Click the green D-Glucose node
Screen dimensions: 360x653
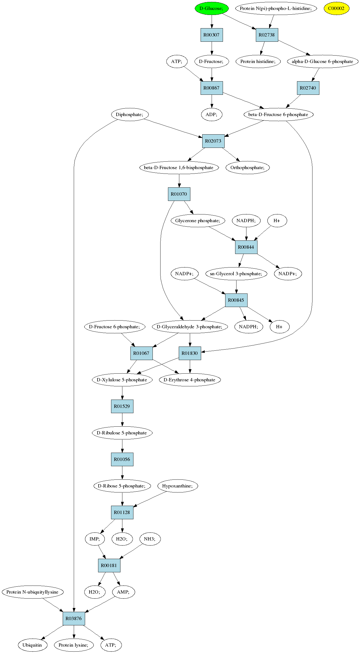[x=212, y=8]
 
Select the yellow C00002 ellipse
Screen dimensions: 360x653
[x=336, y=8]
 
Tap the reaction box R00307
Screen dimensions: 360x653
[x=212, y=35]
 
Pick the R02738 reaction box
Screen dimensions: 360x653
[x=267, y=35]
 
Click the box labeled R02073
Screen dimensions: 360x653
[x=213, y=141]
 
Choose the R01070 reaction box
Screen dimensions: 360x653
[x=179, y=194]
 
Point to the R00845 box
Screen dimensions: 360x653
[x=236, y=300]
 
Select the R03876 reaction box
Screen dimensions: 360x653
[x=74, y=618]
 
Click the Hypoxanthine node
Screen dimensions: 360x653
[x=178, y=486]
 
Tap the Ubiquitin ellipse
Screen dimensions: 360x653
[x=33, y=645]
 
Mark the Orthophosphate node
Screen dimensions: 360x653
[x=248, y=167]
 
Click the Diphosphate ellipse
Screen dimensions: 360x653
[x=130, y=114]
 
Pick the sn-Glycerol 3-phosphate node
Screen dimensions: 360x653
[x=236, y=274]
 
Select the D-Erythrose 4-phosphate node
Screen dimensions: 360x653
[x=190, y=380]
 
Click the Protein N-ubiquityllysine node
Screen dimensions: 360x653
[x=33, y=592]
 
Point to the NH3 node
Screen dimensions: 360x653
[x=150, y=539]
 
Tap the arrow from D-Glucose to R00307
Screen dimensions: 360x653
[x=212, y=22]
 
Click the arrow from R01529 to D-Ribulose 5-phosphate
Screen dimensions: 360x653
[x=122, y=419]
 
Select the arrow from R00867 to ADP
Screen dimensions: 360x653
[x=212, y=101]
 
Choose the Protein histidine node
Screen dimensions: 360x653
[x=258, y=61]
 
